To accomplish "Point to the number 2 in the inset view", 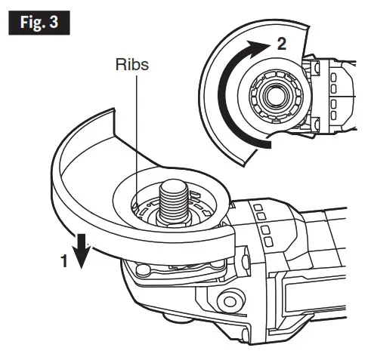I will pos(281,43).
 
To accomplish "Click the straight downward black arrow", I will pos(82,250).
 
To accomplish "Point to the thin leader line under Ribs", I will pos(135,136).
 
